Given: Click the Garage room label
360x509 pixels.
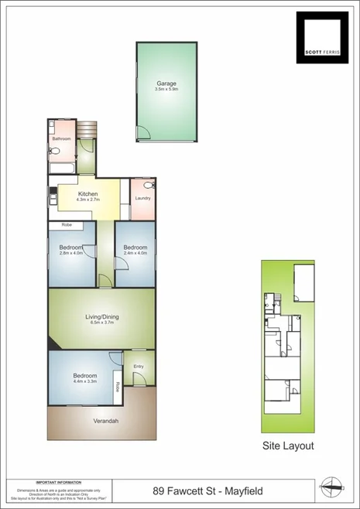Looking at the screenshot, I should coord(166,84).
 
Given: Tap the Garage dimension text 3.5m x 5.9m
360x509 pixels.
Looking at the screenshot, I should coord(166,90).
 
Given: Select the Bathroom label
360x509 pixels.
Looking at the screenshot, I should coord(61,139).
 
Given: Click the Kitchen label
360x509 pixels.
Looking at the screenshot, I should coord(87,193).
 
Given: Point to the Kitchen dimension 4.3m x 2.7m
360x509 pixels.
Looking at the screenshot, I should coord(87,200).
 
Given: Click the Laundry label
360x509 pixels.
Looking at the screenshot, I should coord(142,199).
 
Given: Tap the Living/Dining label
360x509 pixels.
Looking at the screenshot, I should coord(101,316).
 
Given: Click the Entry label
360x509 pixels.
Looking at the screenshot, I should coord(139,367).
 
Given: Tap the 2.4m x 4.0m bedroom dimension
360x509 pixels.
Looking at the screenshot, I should coord(135,254).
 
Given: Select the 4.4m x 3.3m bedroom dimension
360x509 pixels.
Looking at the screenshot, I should coord(81,382).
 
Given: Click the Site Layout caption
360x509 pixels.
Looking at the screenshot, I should coord(288,446).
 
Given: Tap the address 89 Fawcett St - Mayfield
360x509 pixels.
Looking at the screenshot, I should coord(209,490).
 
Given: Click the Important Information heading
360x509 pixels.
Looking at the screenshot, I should coord(59,481).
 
